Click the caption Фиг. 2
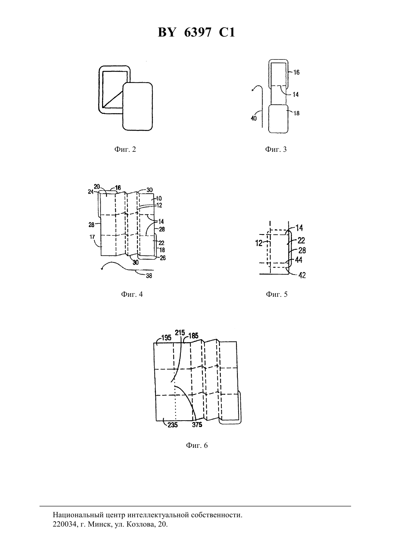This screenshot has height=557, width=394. point(125,149)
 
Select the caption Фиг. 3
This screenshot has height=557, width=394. point(276,149)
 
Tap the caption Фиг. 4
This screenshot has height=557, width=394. point(132,294)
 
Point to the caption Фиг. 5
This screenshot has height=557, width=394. point(277,294)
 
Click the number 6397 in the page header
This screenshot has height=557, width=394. point(198,32)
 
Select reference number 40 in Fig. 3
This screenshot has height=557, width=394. point(254,118)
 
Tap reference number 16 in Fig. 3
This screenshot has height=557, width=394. point(297,72)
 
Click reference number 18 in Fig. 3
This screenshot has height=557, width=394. point(297,113)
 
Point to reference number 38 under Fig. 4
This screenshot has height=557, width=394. point(149,276)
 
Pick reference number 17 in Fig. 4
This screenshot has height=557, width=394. point(92,237)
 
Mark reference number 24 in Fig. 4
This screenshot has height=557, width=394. point(91,192)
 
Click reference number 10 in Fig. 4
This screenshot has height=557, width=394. point(159,198)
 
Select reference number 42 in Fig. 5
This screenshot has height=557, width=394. point(302,275)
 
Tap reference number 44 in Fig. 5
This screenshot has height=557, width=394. point(298,260)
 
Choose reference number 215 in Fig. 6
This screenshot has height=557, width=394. point(180,333)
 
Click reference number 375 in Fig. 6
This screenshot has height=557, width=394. point(197,425)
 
